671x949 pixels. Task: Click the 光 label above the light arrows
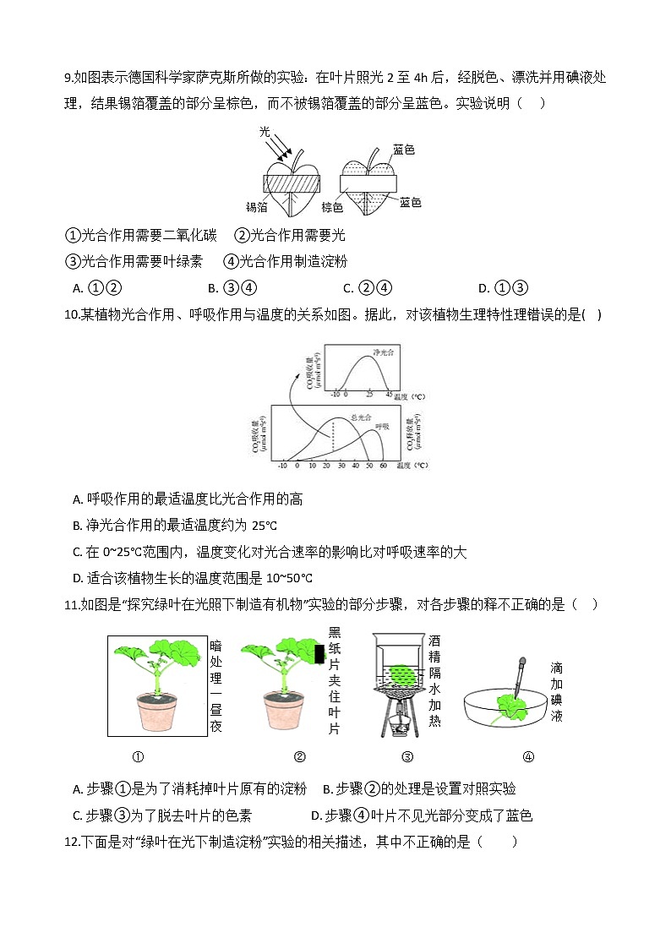coord(265,132)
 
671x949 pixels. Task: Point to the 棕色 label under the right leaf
coord(332,207)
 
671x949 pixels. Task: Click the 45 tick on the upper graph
coord(389,395)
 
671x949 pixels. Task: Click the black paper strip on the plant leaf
coord(320,653)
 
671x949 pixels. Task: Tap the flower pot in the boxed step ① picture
coord(153,712)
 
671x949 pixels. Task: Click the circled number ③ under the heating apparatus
coord(407,756)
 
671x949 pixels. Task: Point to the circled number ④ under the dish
coord(528,756)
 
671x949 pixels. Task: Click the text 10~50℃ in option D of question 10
coord(284,578)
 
